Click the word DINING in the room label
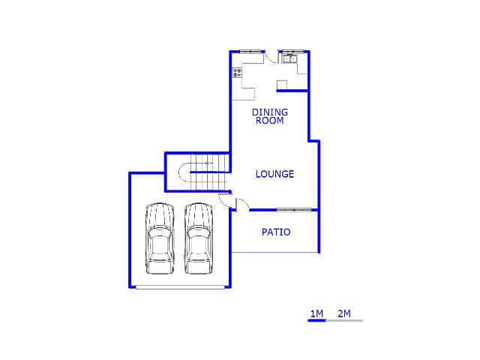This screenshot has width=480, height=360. click(270, 112)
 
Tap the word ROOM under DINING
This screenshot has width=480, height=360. click(270, 121)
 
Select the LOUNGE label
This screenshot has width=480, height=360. click(274, 174)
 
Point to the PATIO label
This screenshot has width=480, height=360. click(276, 232)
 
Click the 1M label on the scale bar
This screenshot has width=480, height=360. click(316, 313)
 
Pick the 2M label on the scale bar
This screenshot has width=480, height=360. click(344, 313)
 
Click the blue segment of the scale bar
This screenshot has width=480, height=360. click(316, 320)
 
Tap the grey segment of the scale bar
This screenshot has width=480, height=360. click(345, 320)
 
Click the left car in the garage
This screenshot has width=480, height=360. click(160, 238)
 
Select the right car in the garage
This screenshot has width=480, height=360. click(199, 238)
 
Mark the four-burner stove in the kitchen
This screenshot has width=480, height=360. click(237, 73)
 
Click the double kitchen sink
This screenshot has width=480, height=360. click(289, 58)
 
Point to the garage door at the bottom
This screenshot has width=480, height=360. click(180, 287)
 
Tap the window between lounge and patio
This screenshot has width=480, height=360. click(294, 210)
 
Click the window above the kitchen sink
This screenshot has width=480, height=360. click(293, 52)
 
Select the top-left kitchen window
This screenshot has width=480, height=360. click(250, 52)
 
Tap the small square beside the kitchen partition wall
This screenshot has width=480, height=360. click(282, 85)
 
